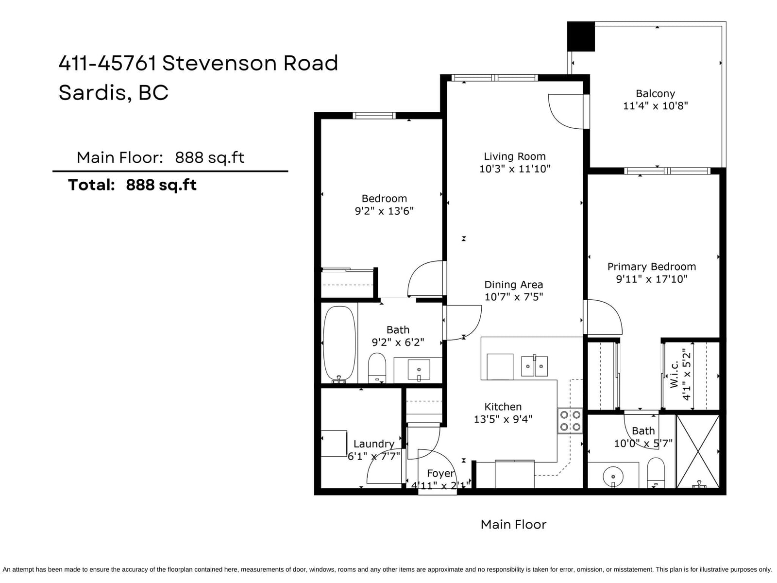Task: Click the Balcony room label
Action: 655,93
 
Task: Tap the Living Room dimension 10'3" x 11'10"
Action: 515,169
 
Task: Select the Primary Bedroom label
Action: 652,267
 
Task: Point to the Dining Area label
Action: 513,285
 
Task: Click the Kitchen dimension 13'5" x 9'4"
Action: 503,419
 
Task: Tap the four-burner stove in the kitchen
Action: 570,421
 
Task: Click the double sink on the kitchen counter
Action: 534,366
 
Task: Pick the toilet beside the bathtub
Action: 377,367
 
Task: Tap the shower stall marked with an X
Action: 697,451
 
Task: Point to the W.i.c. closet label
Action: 674,375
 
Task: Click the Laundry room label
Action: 374,444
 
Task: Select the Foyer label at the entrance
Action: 440,473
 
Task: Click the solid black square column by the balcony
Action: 581,36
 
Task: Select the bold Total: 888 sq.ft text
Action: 132,185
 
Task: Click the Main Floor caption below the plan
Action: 513,524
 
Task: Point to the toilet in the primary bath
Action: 656,473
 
